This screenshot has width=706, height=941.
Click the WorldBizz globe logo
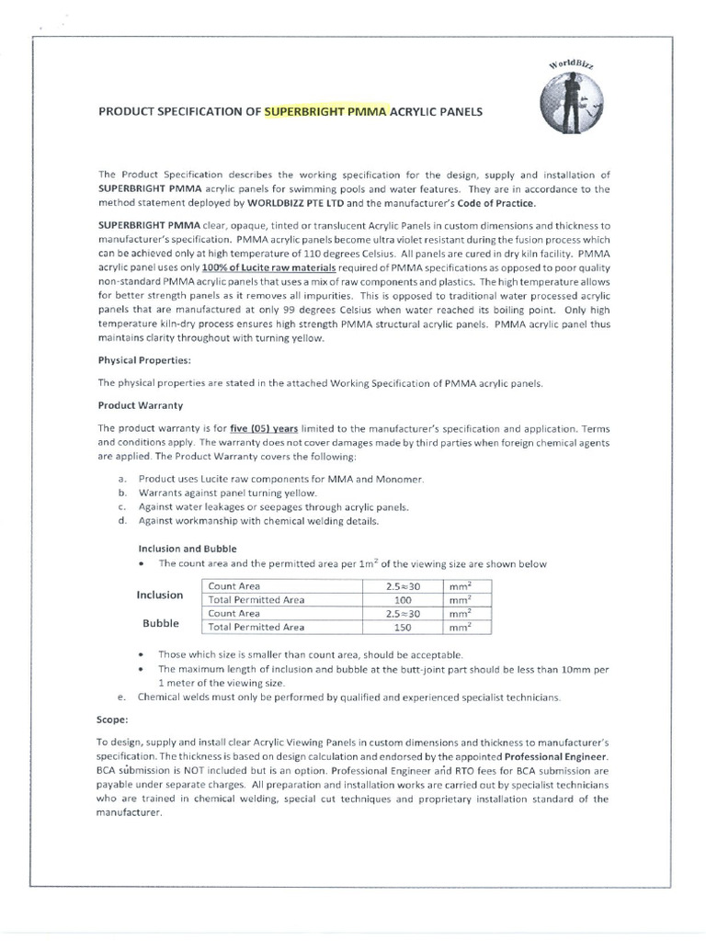[565, 106]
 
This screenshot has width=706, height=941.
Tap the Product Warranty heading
[140, 405]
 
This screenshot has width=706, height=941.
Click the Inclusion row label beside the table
[160, 595]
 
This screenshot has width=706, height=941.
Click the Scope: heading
[115, 720]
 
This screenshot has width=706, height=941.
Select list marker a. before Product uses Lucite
[122, 479]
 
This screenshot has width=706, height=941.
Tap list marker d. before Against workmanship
[122, 521]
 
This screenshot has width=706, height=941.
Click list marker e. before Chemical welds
[122, 697]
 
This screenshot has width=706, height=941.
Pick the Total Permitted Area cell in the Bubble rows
[256, 628]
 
